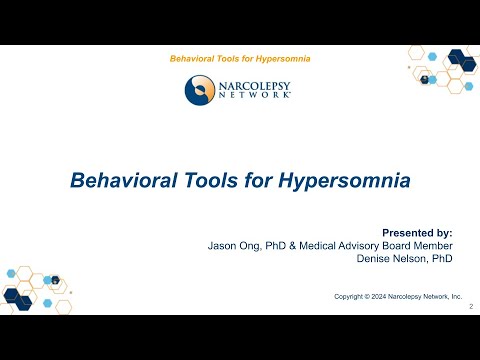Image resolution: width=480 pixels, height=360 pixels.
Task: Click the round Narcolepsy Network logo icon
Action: coord(200,90)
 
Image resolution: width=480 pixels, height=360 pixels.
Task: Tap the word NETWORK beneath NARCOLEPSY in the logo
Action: coord(254,95)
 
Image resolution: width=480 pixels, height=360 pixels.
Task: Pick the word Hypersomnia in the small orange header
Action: coord(280,59)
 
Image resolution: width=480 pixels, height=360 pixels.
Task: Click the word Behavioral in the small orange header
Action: coord(195,59)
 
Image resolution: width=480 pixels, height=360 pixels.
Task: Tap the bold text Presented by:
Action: coord(425,231)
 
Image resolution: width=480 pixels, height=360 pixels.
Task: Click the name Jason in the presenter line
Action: coord(221,245)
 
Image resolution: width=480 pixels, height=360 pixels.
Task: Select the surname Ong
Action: coord(251,245)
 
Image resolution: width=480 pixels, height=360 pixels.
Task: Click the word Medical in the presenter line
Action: coord(316,245)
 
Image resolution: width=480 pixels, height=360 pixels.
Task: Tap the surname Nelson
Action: coord(414,259)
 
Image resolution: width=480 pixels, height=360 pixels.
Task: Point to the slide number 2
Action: coord(471,308)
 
